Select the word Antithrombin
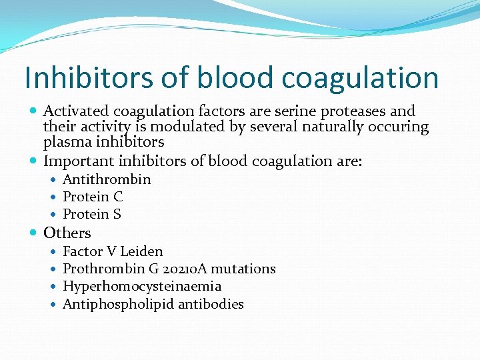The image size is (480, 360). point(107,179)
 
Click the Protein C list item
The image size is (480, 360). point(93,197)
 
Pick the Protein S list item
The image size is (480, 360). point(92,214)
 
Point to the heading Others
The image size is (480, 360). point(67,233)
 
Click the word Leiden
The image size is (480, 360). point(141,251)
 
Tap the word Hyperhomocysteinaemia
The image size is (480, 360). point(142,287)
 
